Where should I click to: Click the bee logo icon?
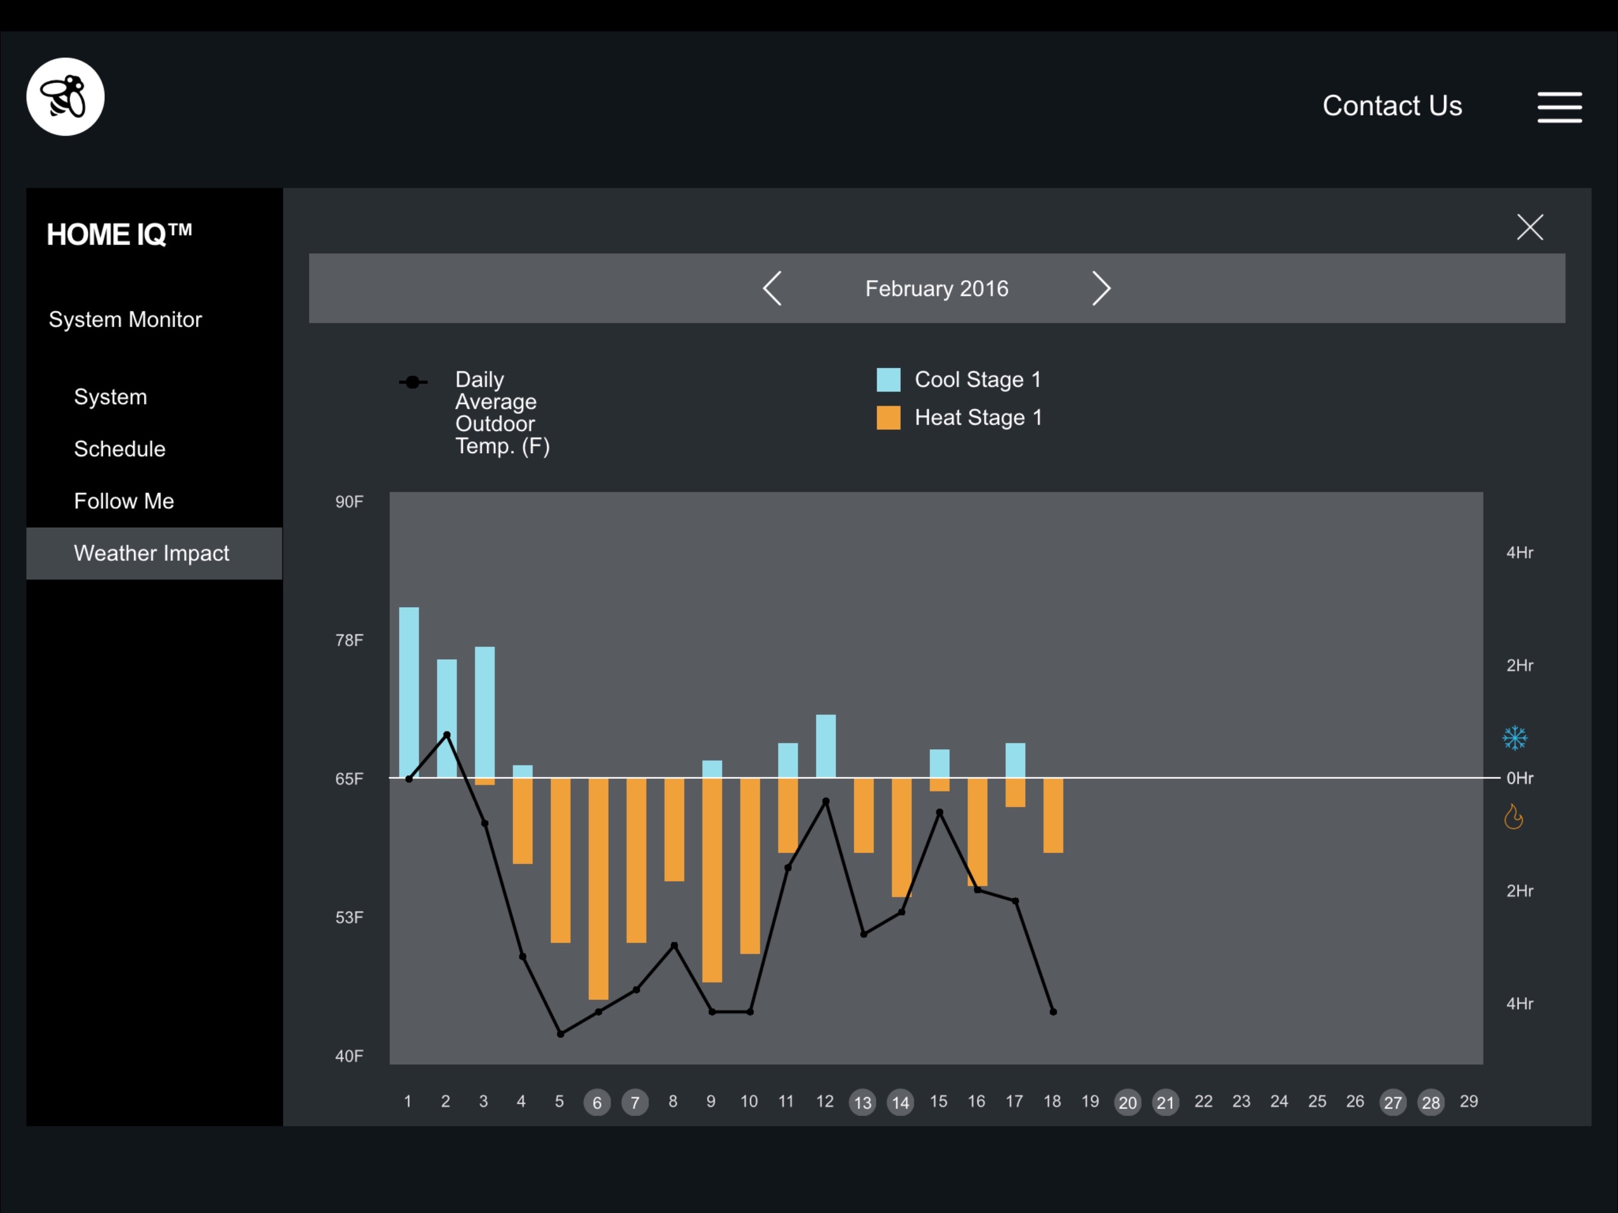point(65,97)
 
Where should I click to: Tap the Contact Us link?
point(1391,106)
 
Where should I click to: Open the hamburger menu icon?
point(1559,108)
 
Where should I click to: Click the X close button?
point(1530,227)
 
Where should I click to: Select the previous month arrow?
point(772,288)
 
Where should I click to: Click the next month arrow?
point(1101,288)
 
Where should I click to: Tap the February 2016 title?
point(936,289)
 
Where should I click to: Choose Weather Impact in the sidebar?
point(152,553)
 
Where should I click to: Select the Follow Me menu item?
point(124,501)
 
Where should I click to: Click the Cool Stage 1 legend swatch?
point(888,380)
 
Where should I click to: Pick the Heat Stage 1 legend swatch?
point(888,418)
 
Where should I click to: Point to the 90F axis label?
point(349,502)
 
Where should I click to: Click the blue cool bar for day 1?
point(409,691)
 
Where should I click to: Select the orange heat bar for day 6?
point(598,888)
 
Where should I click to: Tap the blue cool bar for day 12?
point(826,746)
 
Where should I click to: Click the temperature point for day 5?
point(560,1034)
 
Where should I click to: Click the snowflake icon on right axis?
point(1514,737)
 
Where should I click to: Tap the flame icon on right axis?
point(1513,817)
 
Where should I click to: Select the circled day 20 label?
point(1127,1102)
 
